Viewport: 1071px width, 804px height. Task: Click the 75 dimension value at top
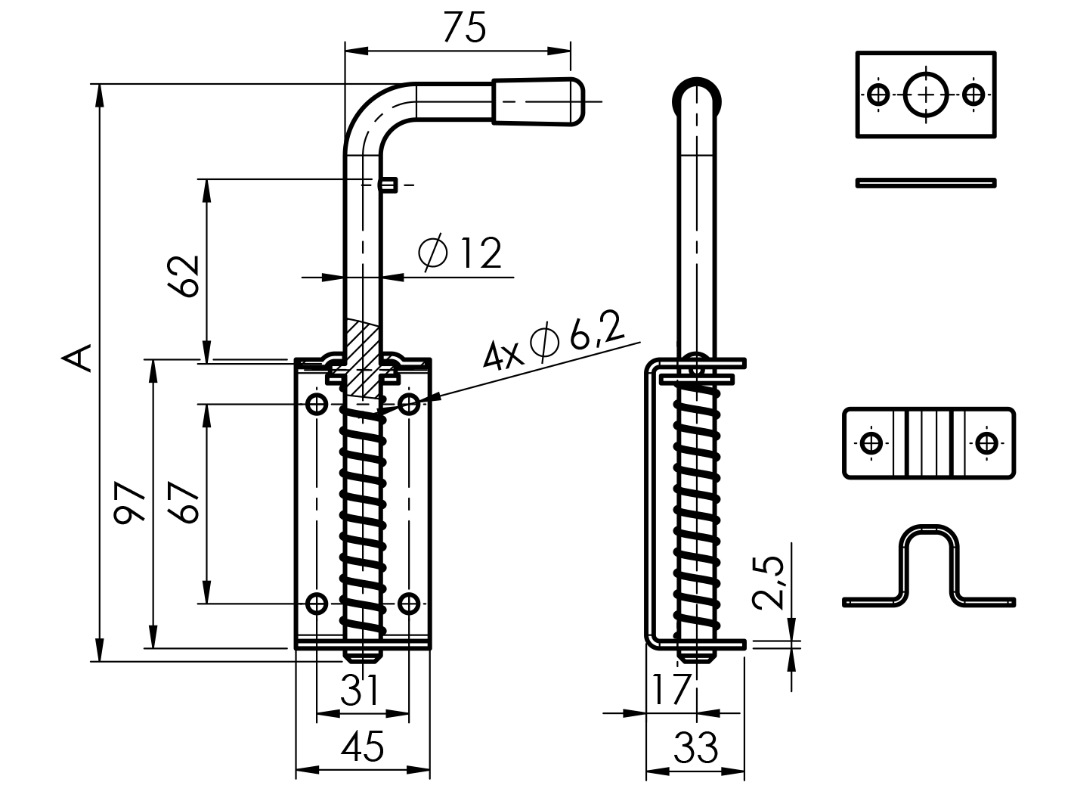[x=464, y=28]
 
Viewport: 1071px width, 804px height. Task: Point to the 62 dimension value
[x=184, y=276]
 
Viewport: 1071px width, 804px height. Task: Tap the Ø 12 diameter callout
[x=461, y=253]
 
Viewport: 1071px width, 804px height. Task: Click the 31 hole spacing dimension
[x=360, y=690]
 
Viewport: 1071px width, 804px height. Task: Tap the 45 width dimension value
[x=362, y=747]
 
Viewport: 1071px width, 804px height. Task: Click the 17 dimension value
[x=670, y=689]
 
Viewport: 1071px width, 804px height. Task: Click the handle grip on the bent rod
[x=538, y=101]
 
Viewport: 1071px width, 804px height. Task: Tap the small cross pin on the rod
[x=388, y=185]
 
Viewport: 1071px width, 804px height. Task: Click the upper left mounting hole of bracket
[x=317, y=404]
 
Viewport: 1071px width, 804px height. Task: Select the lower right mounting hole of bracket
[x=409, y=604]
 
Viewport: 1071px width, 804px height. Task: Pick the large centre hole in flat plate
[x=926, y=95]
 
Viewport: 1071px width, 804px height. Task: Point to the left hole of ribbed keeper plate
[x=871, y=442]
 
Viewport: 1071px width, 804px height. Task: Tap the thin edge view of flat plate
[x=926, y=182]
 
